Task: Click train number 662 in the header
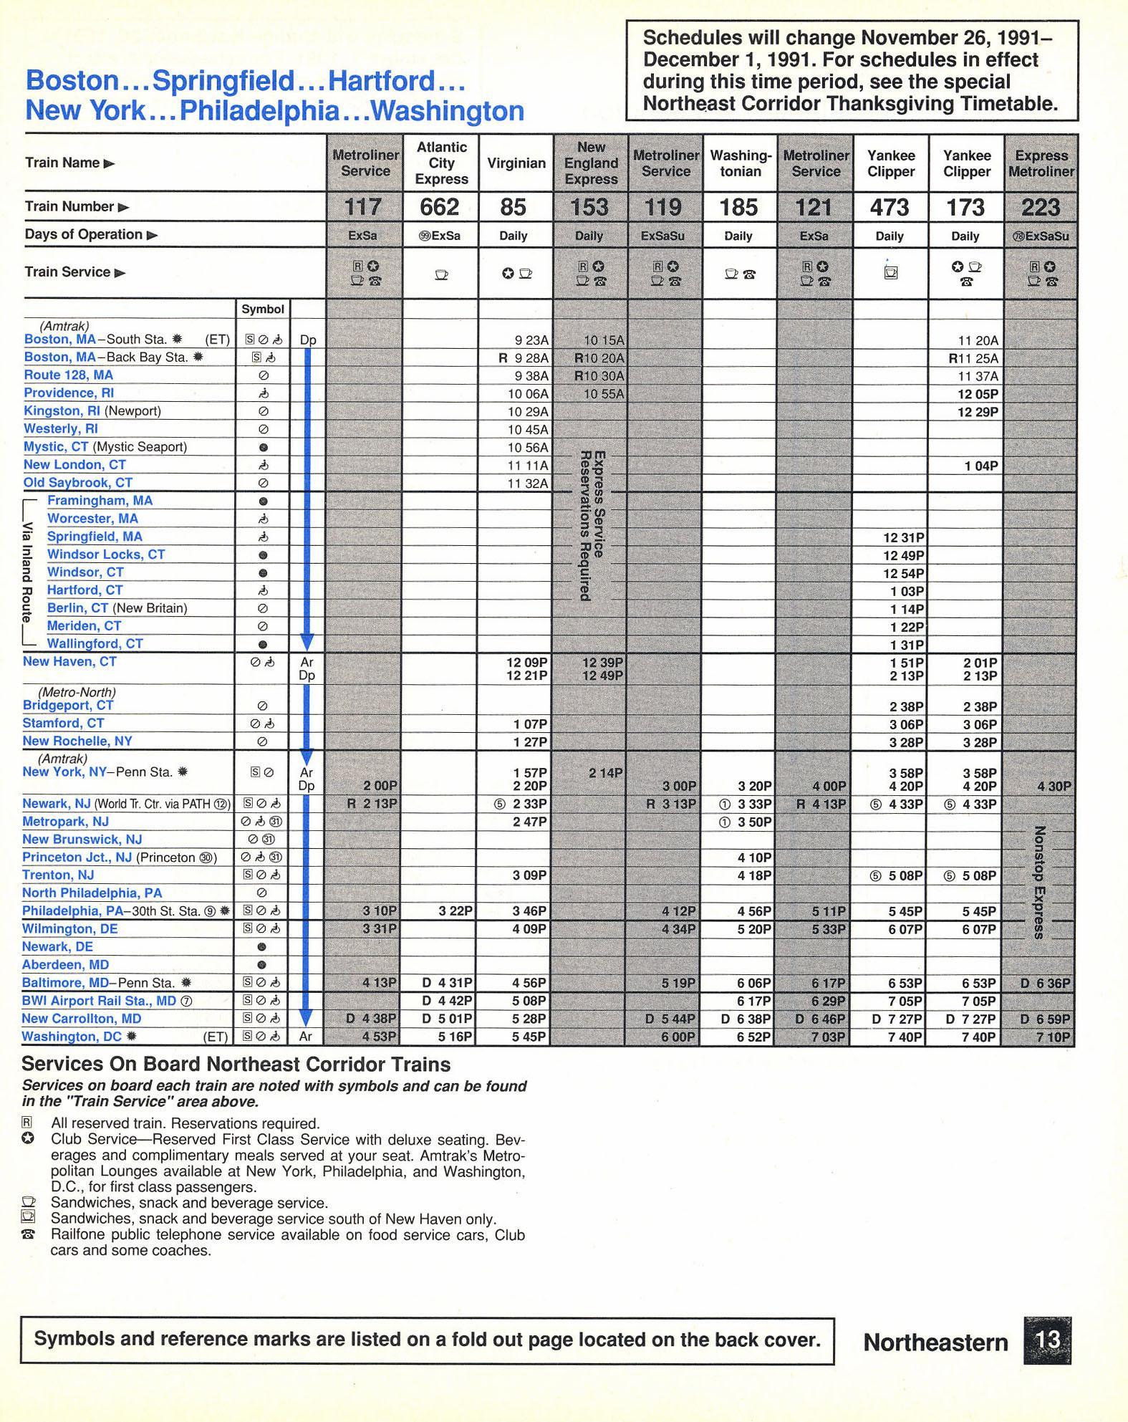pyautogui.click(x=440, y=207)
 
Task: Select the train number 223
pyautogui.click(x=1041, y=207)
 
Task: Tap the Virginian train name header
pyautogui.click(x=516, y=163)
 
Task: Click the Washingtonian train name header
pyautogui.click(x=741, y=163)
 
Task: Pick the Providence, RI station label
pyautogui.click(x=69, y=393)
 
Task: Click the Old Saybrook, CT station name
pyautogui.click(x=77, y=483)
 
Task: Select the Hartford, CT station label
pyautogui.click(x=85, y=590)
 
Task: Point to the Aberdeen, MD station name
pyautogui.click(x=65, y=965)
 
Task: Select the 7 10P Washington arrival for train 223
pyautogui.click(x=1053, y=1037)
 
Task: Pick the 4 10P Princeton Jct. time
pyautogui.click(x=754, y=857)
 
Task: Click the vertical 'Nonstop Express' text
pyautogui.click(x=1041, y=882)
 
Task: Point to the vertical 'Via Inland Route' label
pyautogui.click(x=27, y=572)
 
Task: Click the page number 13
pyautogui.click(x=1047, y=1340)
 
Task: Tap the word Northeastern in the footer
pyautogui.click(x=935, y=1342)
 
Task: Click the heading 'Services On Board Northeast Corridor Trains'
pyautogui.click(x=236, y=1065)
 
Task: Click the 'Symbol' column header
pyautogui.click(x=262, y=309)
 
